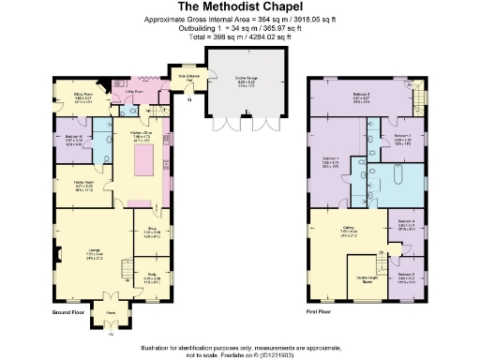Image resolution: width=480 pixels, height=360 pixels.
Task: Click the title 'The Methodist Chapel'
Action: click(240, 7)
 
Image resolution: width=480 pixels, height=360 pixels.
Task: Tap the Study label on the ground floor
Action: click(152, 277)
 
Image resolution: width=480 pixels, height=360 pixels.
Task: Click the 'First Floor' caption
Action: click(320, 309)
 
